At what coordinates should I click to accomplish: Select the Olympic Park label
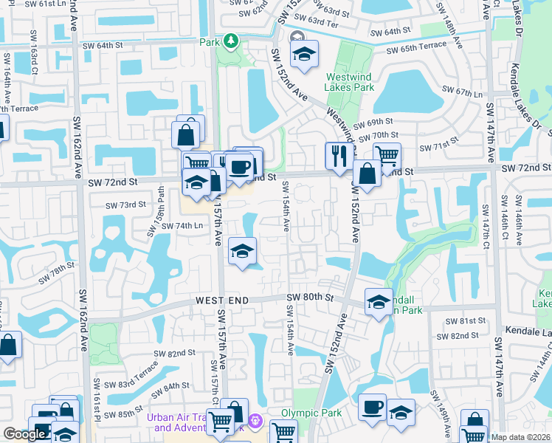click(311, 413)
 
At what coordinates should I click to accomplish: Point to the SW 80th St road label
click(311, 298)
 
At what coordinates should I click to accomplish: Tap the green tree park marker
click(231, 40)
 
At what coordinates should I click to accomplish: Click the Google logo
click(24, 434)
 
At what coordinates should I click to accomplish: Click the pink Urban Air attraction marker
click(255, 422)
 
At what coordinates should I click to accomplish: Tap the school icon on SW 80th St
click(379, 302)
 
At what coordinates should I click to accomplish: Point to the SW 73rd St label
click(122, 205)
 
